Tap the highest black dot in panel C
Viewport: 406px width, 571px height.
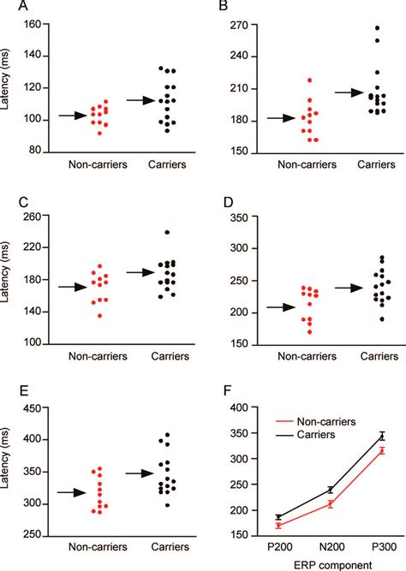[143, 232]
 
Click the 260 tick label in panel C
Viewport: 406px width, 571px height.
[35, 216]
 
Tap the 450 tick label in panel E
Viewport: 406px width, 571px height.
[35, 407]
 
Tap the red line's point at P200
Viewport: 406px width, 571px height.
[279, 525]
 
